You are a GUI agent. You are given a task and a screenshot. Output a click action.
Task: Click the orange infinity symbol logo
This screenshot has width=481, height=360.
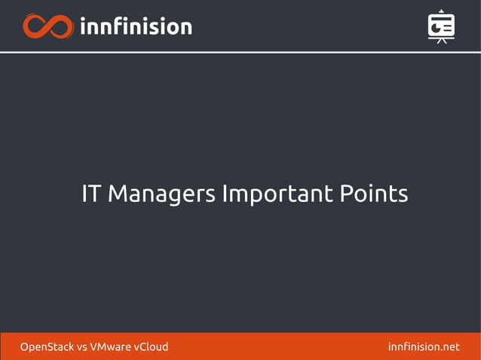click(x=48, y=26)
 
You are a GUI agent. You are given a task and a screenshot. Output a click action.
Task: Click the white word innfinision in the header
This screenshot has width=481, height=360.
click(x=136, y=26)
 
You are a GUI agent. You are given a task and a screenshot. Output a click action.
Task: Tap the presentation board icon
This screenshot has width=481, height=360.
click(x=441, y=26)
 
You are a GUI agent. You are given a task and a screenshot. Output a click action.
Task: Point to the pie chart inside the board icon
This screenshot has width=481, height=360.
click(x=436, y=27)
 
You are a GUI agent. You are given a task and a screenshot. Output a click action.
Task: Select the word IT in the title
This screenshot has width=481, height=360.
click(x=91, y=194)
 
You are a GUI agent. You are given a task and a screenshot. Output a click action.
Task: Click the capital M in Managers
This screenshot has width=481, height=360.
click(x=118, y=194)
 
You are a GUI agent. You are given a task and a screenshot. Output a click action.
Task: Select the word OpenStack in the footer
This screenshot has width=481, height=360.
click(x=47, y=347)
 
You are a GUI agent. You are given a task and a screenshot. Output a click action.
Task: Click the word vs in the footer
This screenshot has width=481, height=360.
click(x=82, y=347)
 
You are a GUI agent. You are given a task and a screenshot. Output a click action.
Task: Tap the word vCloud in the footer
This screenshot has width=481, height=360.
click(x=151, y=347)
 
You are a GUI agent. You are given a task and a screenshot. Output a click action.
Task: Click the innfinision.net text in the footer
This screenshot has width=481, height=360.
click(x=423, y=347)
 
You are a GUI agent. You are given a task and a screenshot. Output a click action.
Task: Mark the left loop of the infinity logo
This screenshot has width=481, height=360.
click(x=35, y=26)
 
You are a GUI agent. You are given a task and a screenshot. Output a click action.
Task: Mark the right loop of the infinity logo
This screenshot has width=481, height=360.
click(x=61, y=26)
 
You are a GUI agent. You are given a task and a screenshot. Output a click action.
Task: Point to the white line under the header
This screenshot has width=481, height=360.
click(x=240, y=52)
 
